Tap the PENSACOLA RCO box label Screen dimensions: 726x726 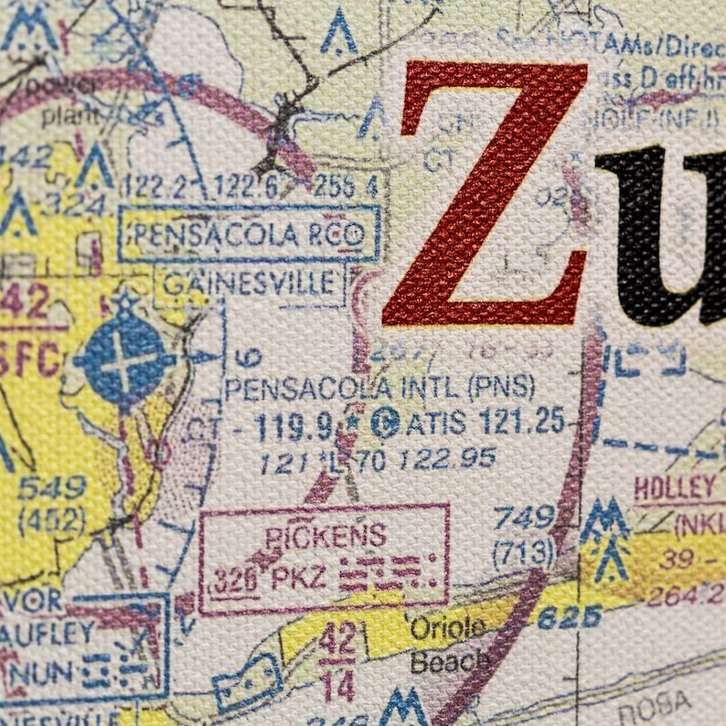(249, 234)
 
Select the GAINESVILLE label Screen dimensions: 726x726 (249, 284)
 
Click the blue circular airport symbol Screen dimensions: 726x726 (123, 358)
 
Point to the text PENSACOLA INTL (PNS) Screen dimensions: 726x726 (379, 389)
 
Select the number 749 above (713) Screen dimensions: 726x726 (524, 519)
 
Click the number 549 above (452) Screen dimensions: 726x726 (52, 487)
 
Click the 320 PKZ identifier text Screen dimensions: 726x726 (262, 578)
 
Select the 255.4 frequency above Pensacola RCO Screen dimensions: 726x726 (345, 187)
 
